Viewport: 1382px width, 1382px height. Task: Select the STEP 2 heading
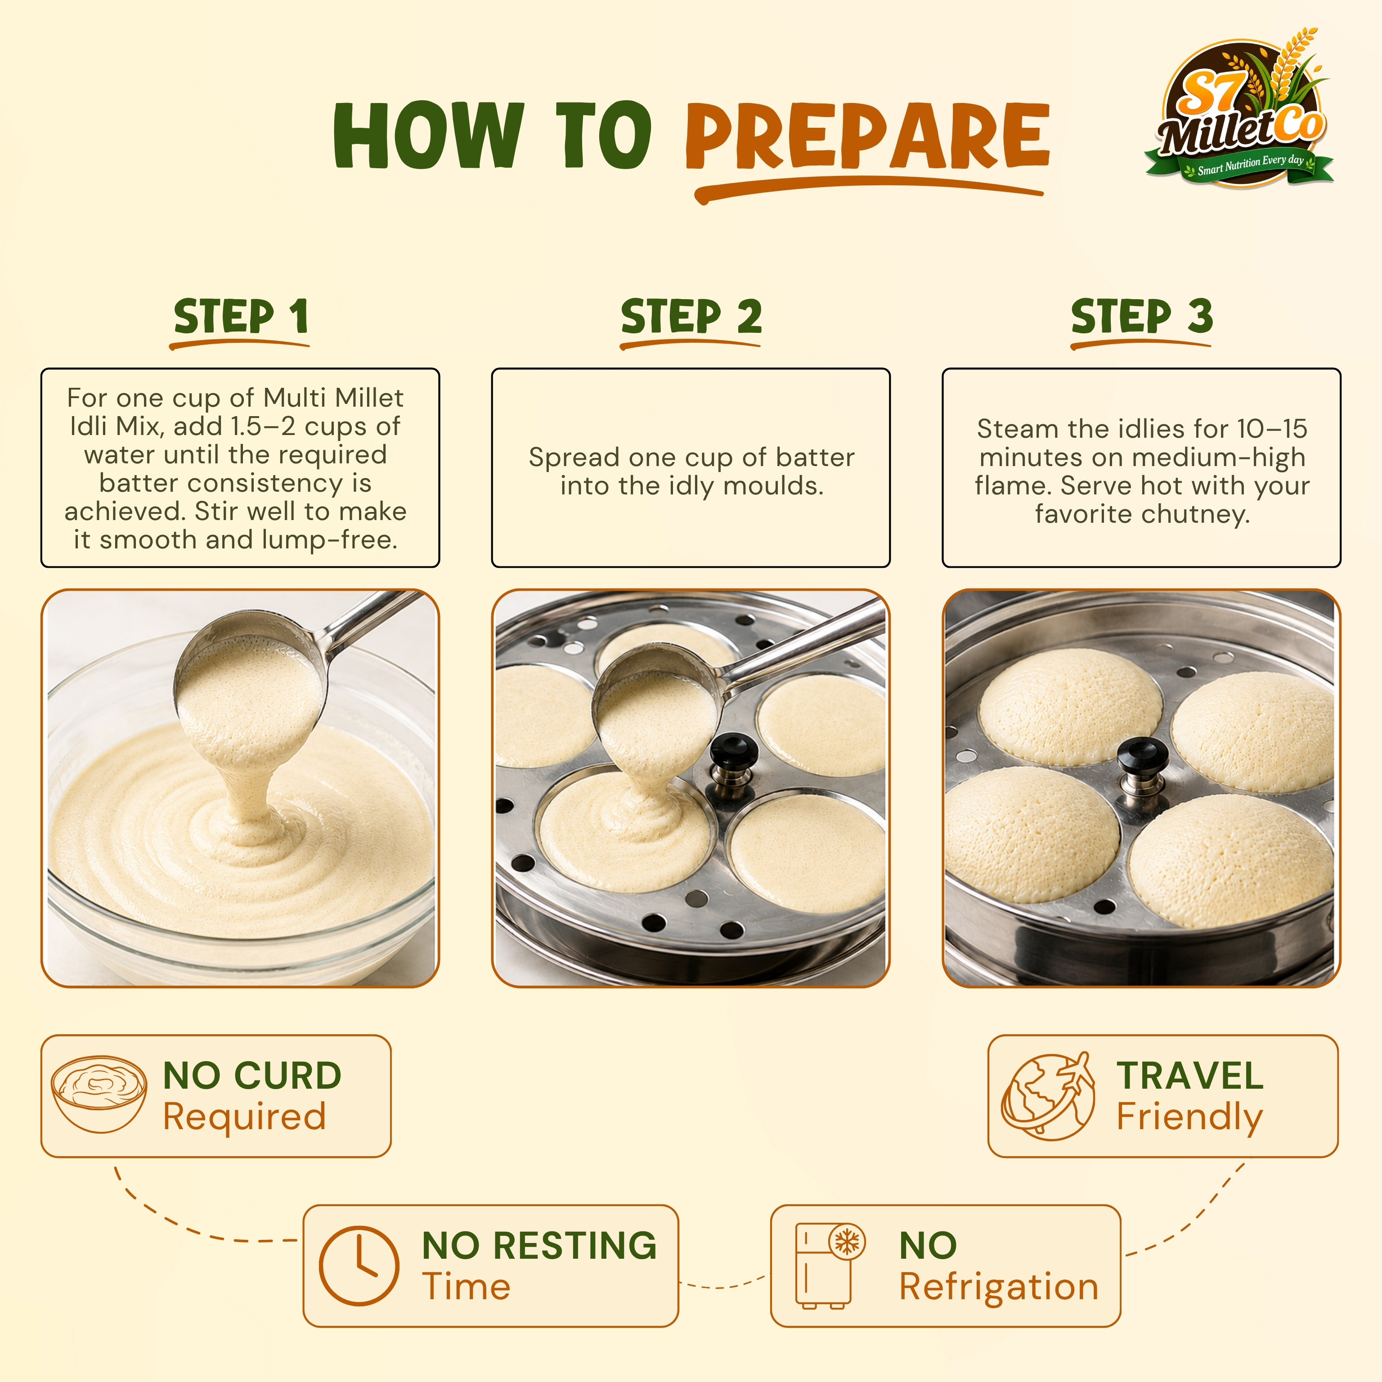click(691, 316)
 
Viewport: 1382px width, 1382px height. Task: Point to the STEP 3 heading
click(1142, 316)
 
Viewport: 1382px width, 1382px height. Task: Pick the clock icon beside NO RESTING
click(359, 1265)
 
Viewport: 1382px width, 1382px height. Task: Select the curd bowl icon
click(99, 1094)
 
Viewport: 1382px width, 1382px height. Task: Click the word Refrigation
click(999, 1288)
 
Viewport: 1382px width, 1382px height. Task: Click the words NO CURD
click(252, 1076)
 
